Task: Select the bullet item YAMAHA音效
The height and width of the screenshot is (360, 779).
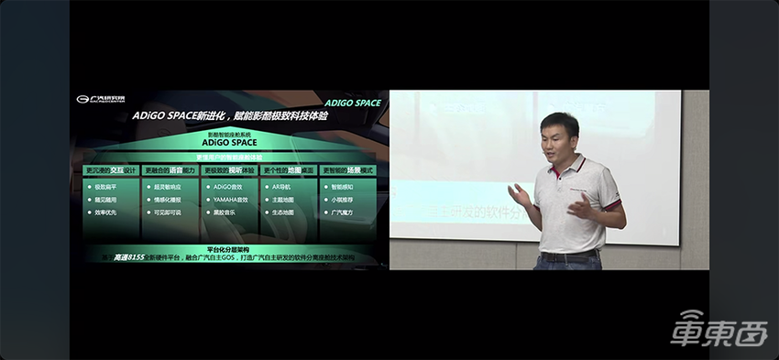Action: (228, 199)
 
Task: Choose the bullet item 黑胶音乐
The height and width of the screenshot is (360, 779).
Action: (225, 212)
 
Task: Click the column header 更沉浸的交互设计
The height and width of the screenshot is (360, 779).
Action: (110, 170)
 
